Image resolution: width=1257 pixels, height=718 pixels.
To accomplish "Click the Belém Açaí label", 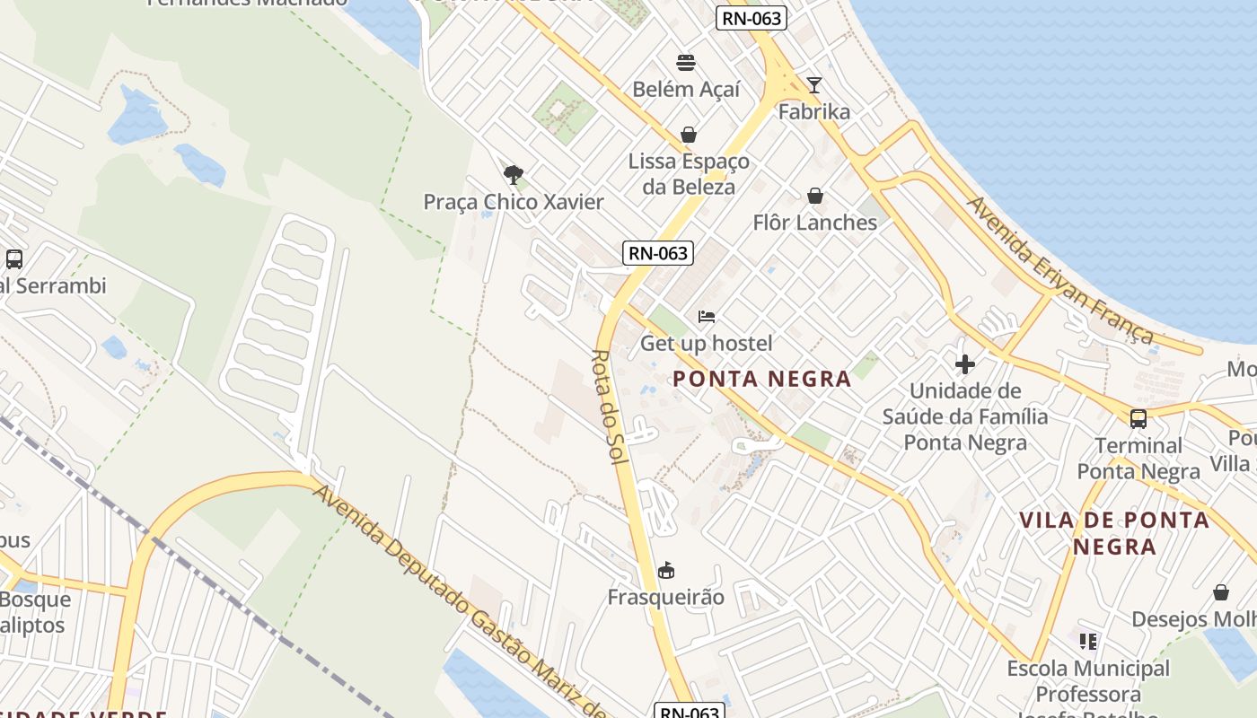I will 686,89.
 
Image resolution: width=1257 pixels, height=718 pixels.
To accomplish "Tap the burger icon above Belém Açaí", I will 686,62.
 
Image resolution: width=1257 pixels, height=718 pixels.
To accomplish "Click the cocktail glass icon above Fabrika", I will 814,85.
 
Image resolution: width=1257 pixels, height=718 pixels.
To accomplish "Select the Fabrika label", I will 814,112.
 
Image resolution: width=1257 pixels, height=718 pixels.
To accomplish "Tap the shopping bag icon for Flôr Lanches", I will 815,196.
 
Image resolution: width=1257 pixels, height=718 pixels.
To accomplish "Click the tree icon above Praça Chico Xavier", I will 514,174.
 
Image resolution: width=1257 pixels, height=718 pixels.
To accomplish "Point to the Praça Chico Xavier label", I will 514,202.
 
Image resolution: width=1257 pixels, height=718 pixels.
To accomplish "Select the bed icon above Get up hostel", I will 707,317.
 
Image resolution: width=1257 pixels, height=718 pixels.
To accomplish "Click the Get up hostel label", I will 706,343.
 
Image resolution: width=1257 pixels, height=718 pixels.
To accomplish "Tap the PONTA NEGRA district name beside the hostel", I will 761,379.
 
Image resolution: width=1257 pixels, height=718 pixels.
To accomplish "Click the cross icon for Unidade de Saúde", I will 965,364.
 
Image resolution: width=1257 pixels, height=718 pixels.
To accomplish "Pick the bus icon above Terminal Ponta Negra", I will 1138,418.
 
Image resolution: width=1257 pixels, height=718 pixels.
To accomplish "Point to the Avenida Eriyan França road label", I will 1059,269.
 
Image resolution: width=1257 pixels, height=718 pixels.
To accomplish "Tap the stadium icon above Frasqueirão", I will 666,570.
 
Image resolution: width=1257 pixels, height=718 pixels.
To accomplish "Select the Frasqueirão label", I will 665,597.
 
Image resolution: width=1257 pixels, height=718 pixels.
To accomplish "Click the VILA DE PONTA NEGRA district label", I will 1114,533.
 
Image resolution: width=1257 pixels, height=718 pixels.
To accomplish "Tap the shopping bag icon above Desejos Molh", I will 1221,592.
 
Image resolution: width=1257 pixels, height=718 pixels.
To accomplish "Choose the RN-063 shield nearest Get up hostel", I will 659,253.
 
